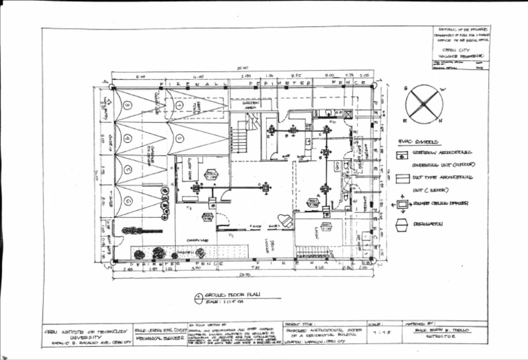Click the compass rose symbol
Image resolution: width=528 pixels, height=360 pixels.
point(423,104)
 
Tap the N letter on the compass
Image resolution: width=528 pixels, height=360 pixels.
point(440,121)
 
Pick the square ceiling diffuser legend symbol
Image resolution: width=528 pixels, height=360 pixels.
point(402,204)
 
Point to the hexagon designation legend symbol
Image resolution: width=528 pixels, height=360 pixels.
point(402,225)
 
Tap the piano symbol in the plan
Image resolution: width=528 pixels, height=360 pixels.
point(286,221)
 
